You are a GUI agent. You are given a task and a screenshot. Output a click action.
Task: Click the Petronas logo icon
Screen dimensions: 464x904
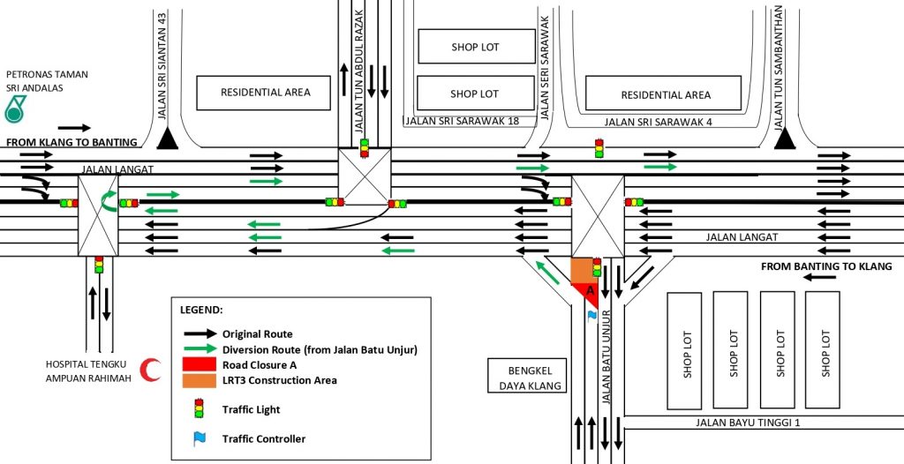coord(16,109)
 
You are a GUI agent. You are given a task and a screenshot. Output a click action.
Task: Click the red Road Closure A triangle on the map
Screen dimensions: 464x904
coord(588,293)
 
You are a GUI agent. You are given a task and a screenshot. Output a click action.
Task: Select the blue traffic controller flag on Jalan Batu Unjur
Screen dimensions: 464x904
coord(591,314)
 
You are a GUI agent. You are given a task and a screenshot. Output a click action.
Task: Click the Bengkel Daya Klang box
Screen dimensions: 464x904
coord(524,376)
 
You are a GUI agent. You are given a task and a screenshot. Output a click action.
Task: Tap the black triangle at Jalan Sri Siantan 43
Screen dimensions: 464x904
coord(166,138)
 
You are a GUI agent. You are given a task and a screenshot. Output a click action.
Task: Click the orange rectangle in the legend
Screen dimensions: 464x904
coord(199,380)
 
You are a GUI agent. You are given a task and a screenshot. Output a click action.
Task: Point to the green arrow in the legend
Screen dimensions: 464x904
coord(199,349)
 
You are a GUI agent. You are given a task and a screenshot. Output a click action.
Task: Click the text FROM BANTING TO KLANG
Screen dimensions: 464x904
coord(826,266)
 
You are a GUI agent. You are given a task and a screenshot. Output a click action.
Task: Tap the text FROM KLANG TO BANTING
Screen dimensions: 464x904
coord(72,142)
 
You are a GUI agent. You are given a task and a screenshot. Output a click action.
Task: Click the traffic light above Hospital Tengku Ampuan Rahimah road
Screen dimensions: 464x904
coord(99,264)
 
